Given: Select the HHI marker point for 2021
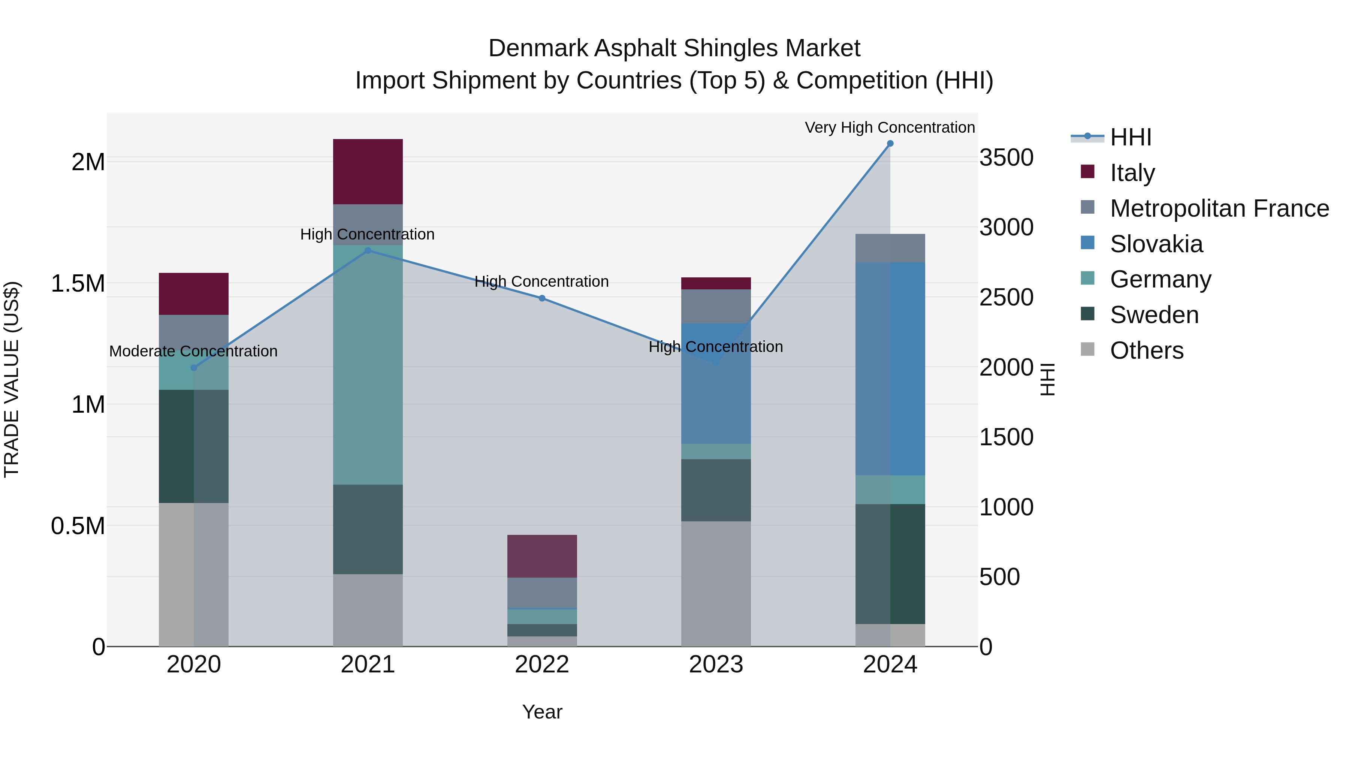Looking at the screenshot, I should pos(368,251).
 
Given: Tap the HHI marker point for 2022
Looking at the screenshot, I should pos(542,299).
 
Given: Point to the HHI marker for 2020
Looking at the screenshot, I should pos(194,368).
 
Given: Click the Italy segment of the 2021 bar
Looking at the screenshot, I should pos(368,172).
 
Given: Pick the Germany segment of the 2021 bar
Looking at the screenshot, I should pos(368,365).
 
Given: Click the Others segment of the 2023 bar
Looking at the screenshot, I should pos(716,584).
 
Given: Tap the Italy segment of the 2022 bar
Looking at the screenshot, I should pos(542,556).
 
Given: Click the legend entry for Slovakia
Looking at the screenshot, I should pos(1156,244).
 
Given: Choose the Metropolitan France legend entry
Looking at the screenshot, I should pos(1219,208).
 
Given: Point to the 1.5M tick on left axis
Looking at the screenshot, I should pos(78,283).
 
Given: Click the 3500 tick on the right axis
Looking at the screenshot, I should pos(1006,158).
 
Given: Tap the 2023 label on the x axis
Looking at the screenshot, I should pos(716,665).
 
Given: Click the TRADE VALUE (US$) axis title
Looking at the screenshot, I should pos(12,379).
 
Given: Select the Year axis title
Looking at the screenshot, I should pos(542,712).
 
